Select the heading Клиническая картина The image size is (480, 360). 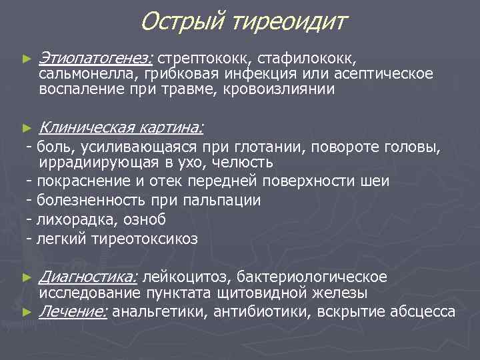[121, 127]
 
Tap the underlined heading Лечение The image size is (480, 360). [74, 311]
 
